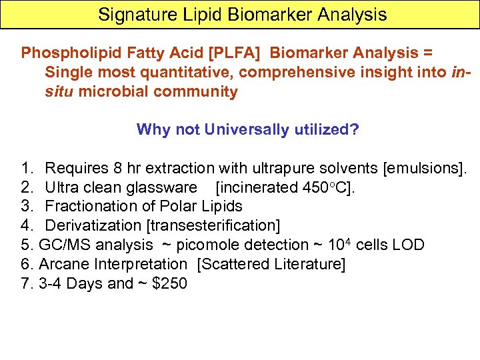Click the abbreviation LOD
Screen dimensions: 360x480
(x=409, y=245)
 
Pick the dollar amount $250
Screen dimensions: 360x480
(x=170, y=284)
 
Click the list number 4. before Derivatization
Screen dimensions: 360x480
(x=27, y=226)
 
